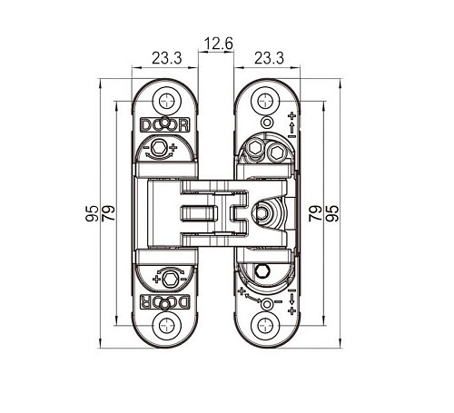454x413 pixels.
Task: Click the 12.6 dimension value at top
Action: (x=219, y=44)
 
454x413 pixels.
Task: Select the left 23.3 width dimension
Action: (x=167, y=58)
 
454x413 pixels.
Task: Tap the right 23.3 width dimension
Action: (x=269, y=58)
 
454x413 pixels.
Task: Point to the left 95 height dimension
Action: (x=92, y=213)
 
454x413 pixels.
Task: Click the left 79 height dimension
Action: (x=108, y=213)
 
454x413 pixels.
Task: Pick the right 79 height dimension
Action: (x=315, y=213)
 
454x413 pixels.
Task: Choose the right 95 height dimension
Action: (x=332, y=213)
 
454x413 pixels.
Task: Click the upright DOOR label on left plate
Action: (x=165, y=124)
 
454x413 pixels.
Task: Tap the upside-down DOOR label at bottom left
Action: (x=165, y=302)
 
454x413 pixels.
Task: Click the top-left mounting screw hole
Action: (x=166, y=101)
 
